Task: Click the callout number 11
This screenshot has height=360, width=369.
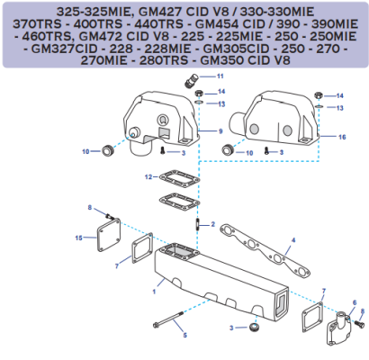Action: click(x=220, y=76)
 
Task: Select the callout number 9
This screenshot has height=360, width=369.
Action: click(x=219, y=131)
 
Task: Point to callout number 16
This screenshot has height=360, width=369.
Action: click(x=342, y=137)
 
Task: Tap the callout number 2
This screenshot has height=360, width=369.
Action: click(x=212, y=224)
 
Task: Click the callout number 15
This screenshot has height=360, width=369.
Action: click(x=79, y=238)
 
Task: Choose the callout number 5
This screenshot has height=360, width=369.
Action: click(x=184, y=336)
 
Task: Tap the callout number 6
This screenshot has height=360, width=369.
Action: click(x=355, y=302)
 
